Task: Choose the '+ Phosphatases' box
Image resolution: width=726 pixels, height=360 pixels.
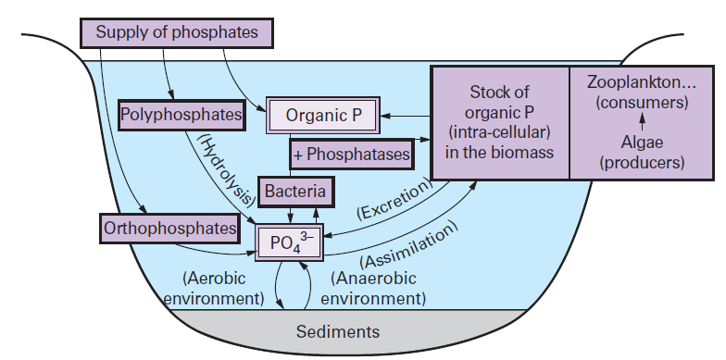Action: click(x=351, y=155)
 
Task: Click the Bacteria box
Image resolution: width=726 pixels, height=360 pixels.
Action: click(x=295, y=192)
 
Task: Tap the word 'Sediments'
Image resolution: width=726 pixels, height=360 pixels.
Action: click(x=337, y=331)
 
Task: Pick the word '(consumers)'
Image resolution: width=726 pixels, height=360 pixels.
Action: click(x=641, y=103)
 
